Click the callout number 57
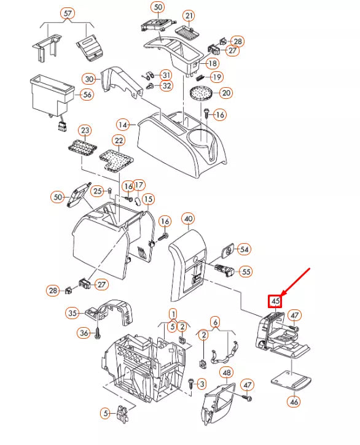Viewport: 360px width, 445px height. coord(68,14)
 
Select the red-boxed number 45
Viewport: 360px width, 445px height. coord(275,301)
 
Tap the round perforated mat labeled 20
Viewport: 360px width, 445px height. coord(201,93)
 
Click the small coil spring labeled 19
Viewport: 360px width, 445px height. coord(200,77)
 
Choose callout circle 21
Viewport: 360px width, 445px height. coord(189,16)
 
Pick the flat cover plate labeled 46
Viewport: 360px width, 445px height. coord(291,380)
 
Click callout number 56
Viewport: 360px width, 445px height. coord(87,95)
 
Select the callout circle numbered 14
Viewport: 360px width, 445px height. coord(123,125)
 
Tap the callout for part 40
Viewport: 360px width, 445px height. coord(189,219)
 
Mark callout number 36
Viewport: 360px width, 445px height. coord(84,333)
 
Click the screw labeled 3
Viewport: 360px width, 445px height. coord(191,384)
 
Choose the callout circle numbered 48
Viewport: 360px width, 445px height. coord(227,373)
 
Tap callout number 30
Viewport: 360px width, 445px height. coord(89,79)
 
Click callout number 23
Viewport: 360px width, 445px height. coord(85,131)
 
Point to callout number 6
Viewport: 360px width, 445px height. coord(216,322)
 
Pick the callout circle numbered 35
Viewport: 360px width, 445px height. coord(72,313)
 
